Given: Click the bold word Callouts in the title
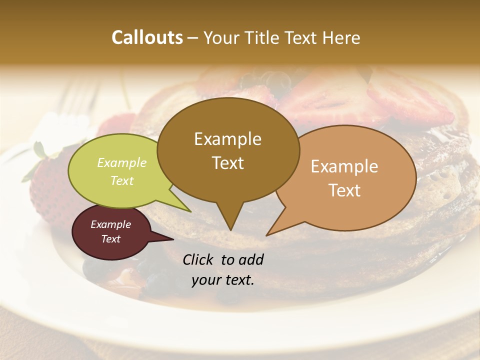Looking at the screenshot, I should tap(147, 37).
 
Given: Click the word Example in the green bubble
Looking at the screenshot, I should tap(121, 163).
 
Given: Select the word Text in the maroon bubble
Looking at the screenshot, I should tap(110, 239).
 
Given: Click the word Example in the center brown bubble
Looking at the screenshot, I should tap(227, 139).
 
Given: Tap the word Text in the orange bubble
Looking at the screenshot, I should tap(345, 190).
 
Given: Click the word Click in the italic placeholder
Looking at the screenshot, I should tap(199, 259).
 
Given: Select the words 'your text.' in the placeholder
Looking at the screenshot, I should tap(222, 280).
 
